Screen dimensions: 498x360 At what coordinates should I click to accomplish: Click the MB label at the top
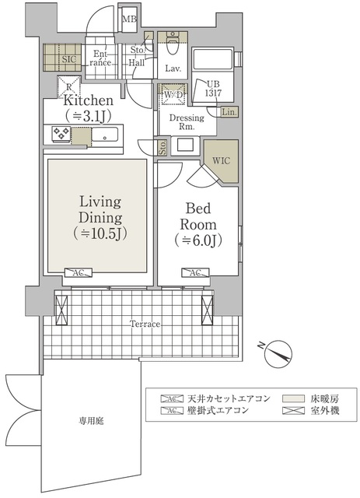pos(129,19)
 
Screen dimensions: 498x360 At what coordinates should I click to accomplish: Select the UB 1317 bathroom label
pos(212,88)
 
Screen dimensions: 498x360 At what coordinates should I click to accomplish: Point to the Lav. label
pos(173,69)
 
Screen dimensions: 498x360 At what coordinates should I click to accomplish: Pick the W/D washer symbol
pos(172,96)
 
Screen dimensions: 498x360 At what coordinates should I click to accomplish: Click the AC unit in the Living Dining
pos(79,273)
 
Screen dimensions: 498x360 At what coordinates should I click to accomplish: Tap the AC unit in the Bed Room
pos(194,273)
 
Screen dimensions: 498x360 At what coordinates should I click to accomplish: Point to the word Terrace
pos(145,324)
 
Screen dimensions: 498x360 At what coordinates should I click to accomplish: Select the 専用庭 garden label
pos(91,420)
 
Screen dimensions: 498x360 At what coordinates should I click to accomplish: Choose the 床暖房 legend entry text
pos(323,398)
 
